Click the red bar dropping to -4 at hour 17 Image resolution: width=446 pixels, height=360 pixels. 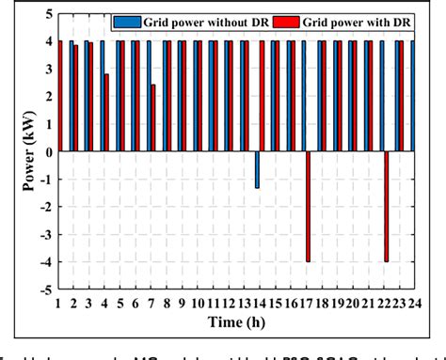pos(308,206)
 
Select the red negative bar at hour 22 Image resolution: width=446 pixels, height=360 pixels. pos(386,206)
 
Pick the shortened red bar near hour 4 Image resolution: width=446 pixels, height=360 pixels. pos(106,113)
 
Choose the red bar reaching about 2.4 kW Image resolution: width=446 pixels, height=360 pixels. pos(152,117)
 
